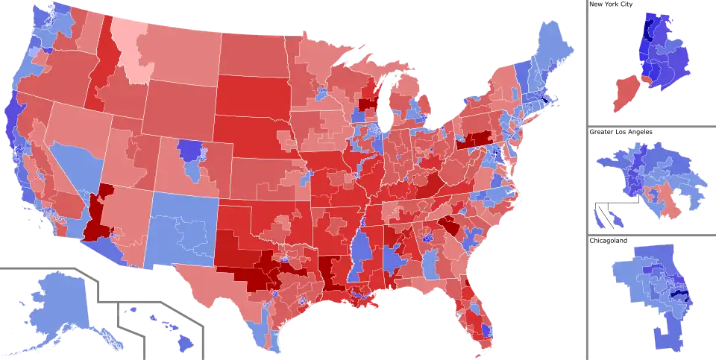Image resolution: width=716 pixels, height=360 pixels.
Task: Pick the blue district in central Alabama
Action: [392, 262]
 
